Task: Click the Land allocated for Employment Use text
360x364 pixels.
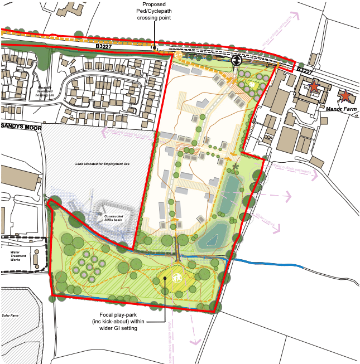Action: (x=104, y=164)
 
